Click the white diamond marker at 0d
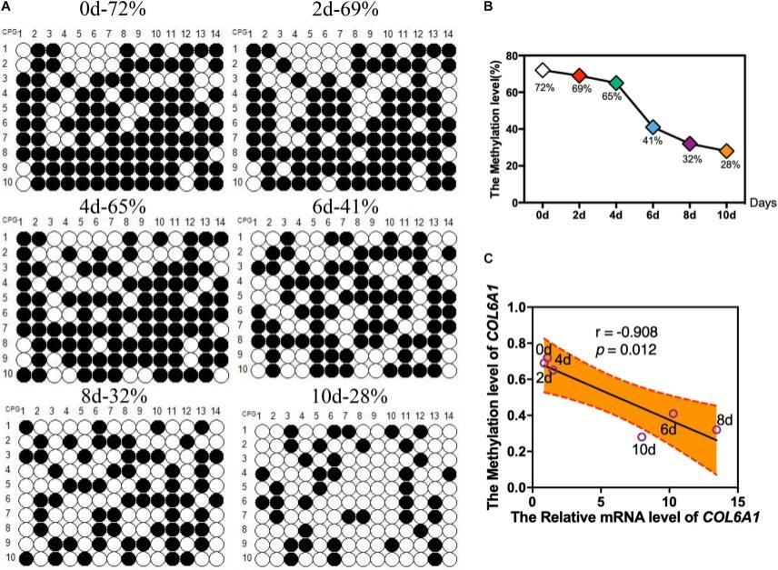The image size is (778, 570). click(543, 69)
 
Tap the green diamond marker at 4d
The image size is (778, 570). click(616, 83)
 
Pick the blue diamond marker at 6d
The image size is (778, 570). click(653, 126)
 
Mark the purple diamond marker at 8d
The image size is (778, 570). click(690, 144)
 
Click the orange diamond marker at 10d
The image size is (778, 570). click(726, 151)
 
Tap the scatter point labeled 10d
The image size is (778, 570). click(642, 437)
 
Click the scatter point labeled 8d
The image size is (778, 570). click(716, 429)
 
